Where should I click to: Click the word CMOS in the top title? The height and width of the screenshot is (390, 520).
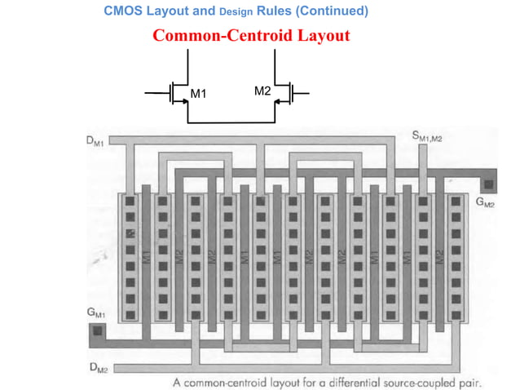[123, 11]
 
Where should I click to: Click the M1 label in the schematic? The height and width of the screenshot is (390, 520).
[199, 95]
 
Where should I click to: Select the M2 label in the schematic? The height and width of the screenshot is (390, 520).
[262, 91]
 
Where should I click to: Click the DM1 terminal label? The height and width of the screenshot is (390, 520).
[95, 140]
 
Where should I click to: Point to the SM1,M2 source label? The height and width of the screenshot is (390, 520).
[428, 135]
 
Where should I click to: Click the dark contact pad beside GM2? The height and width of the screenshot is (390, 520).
[488, 184]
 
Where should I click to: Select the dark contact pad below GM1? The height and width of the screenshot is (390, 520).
[97, 331]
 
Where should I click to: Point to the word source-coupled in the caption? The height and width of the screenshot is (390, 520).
[418, 381]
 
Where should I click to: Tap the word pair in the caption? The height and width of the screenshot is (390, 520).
[470, 381]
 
